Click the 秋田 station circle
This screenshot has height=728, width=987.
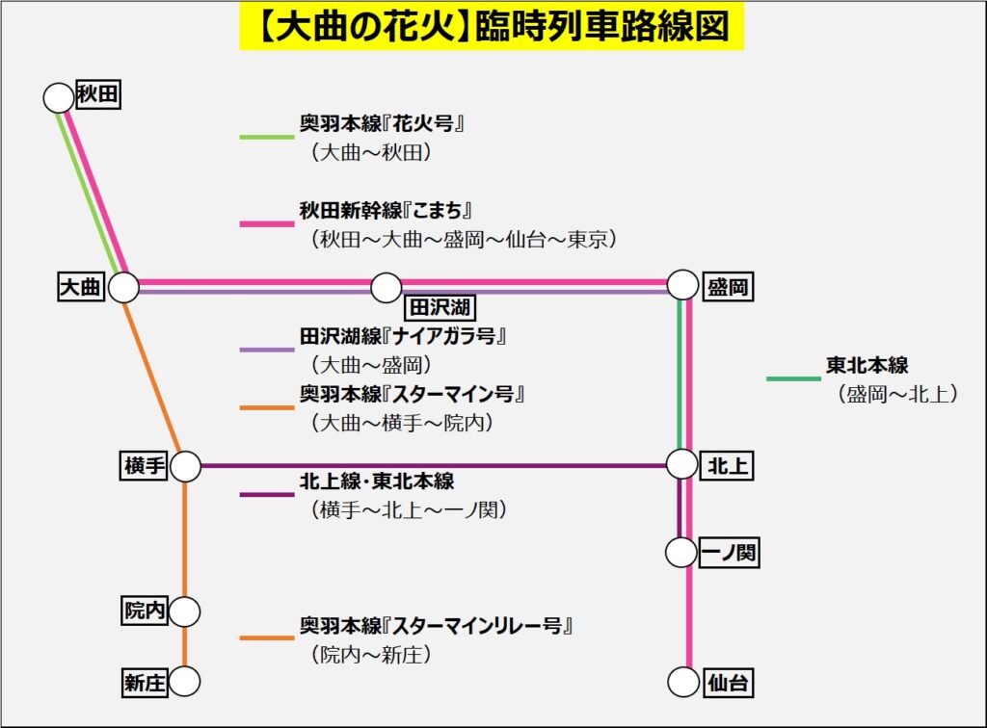coord(59,97)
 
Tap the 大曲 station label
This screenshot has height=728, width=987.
coord(81,287)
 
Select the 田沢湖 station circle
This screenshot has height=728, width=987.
coord(387,287)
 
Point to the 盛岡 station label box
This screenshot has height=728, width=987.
coord(728,287)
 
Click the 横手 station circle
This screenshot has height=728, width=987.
coord(185,466)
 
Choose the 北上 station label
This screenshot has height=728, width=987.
coord(728,466)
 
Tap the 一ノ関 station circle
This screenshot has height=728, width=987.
coord(681,553)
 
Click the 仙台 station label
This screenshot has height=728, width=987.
coord(728,683)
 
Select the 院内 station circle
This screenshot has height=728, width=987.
coord(185,611)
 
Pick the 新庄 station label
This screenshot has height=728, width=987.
coord(145,683)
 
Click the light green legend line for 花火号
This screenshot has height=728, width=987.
coord(266,138)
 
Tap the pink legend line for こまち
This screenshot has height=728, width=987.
coord(266,223)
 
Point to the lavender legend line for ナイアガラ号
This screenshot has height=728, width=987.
coord(266,349)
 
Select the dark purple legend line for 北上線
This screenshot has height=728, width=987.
coord(266,494)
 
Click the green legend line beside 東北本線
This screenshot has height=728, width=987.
coord(792,378)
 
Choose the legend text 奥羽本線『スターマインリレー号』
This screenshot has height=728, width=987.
coord(437,625)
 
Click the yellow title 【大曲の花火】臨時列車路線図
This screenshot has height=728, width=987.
coord(492,28)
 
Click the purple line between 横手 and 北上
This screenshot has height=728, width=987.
coord(434,466)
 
